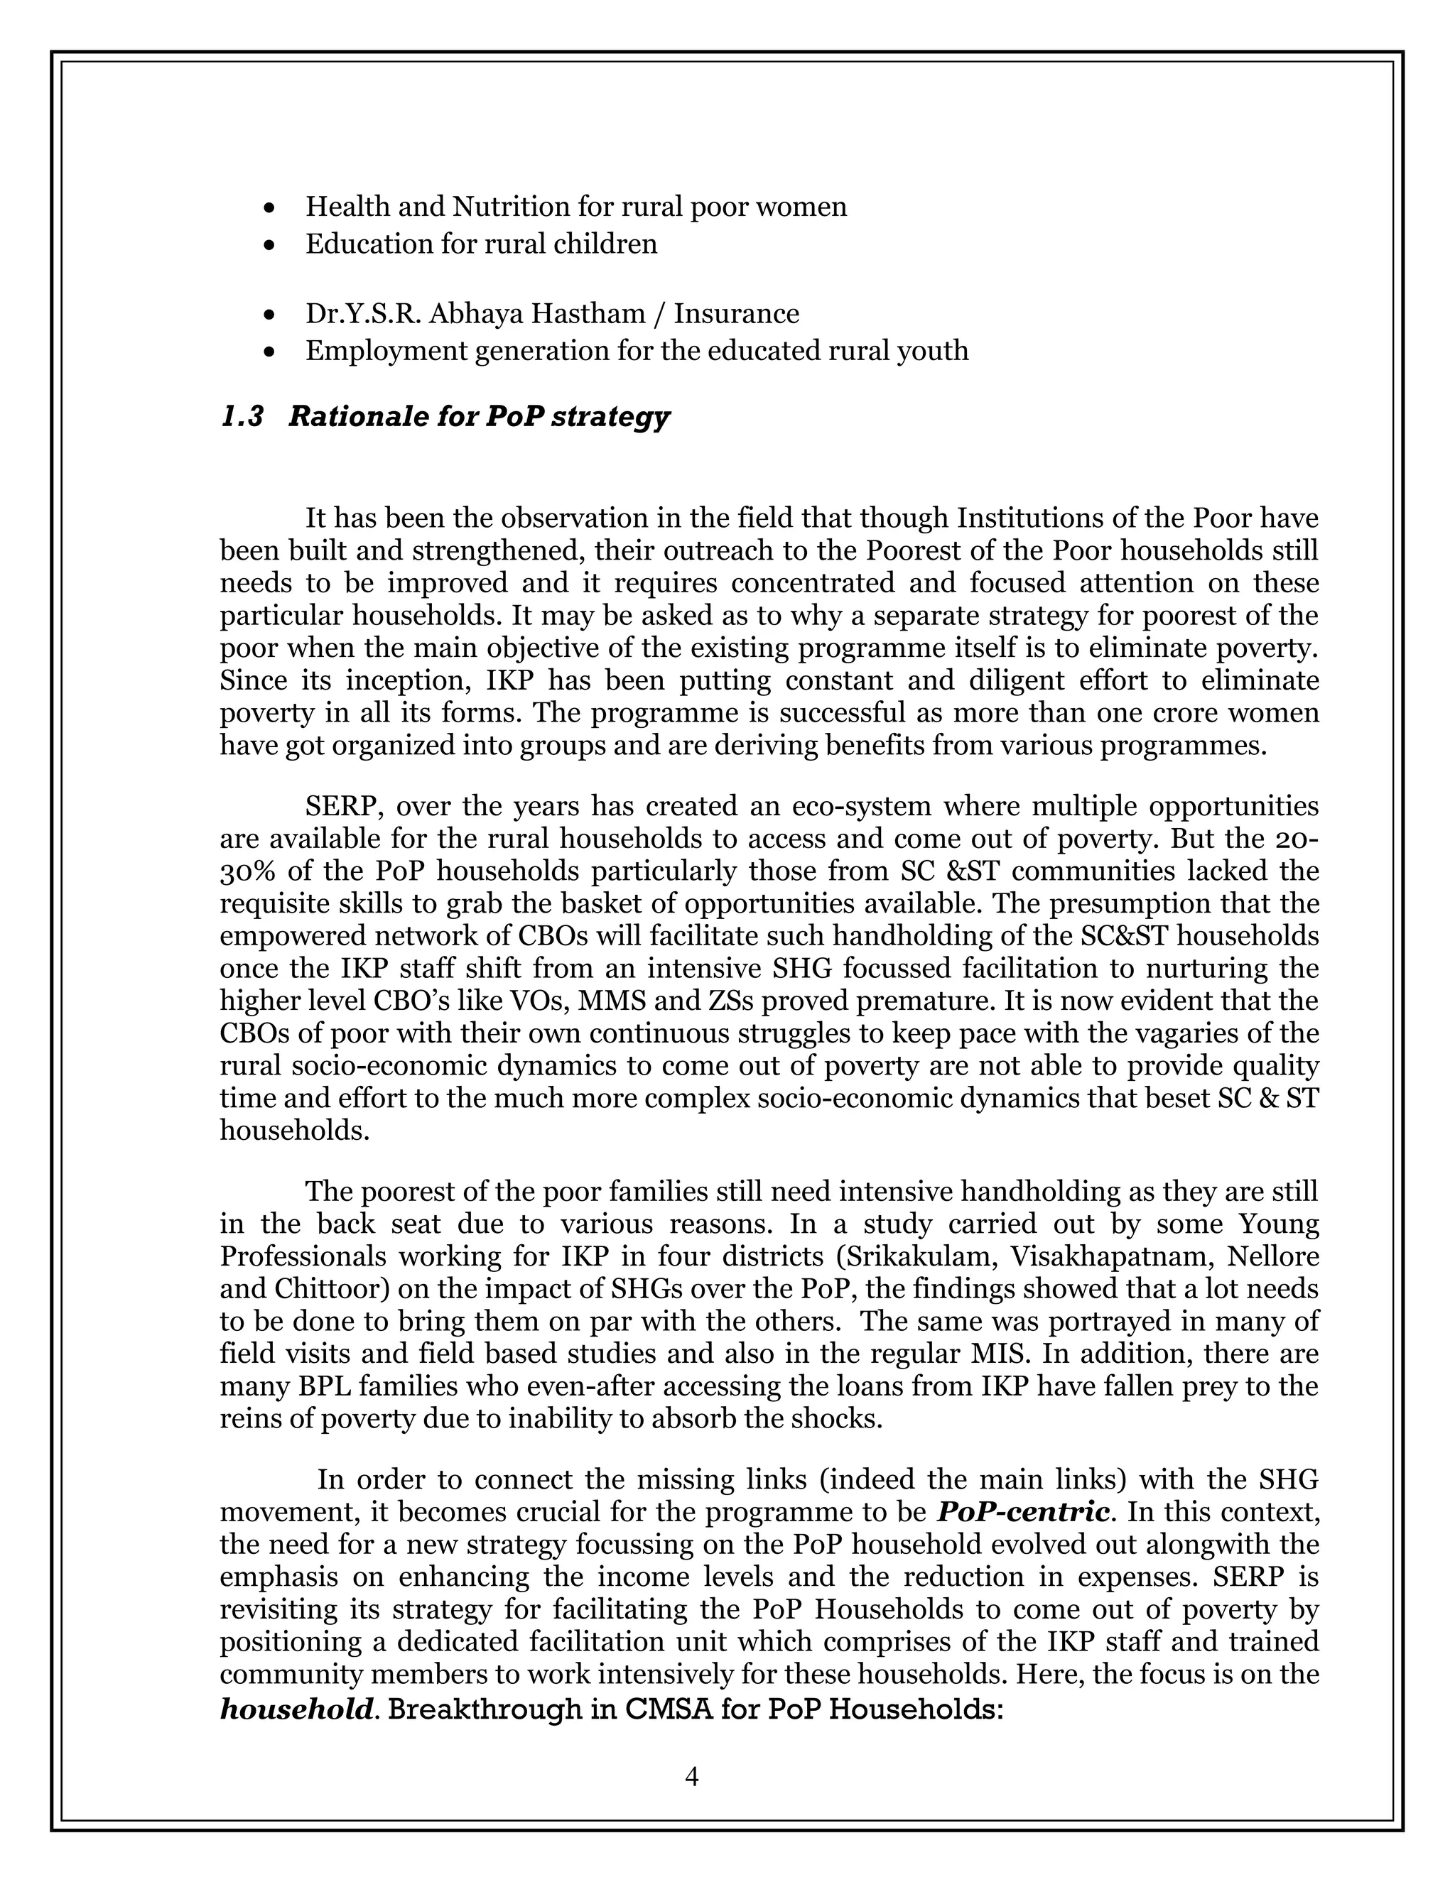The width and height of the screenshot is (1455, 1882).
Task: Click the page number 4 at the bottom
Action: tap(691, 1776)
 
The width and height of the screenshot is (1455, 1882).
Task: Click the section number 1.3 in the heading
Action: tap(242, 417)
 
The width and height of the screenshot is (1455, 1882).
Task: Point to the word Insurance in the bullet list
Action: tap(736, 314)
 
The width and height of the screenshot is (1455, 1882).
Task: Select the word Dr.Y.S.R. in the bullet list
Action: tap(363, 314)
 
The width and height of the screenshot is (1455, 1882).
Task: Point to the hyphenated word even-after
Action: tap(494, 1386)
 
